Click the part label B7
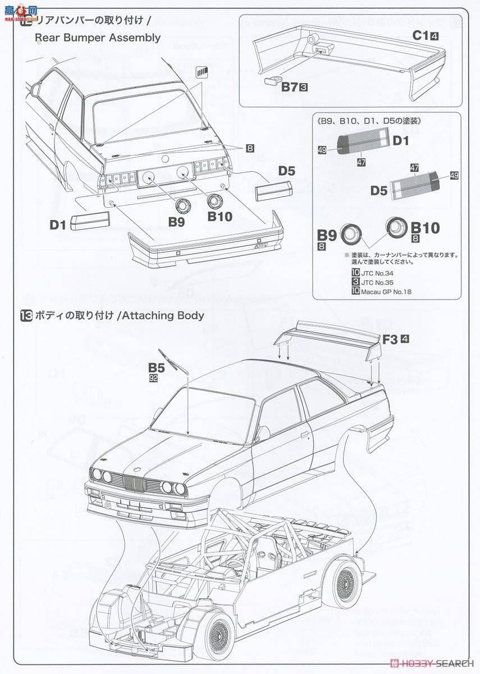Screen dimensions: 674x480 point(289,86)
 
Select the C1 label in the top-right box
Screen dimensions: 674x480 point(420,35)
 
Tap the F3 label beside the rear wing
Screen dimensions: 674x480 point(390,339)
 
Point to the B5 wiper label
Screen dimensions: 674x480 point(157,368)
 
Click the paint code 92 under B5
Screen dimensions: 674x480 point(153,379)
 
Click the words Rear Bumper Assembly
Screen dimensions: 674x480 point(97,38)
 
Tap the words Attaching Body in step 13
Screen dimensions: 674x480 point(162,316)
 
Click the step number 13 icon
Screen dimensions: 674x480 point(26,316)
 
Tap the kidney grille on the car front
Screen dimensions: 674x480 point(134,482)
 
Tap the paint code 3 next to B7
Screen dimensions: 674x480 point(303,87)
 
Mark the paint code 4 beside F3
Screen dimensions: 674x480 point(405,339)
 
